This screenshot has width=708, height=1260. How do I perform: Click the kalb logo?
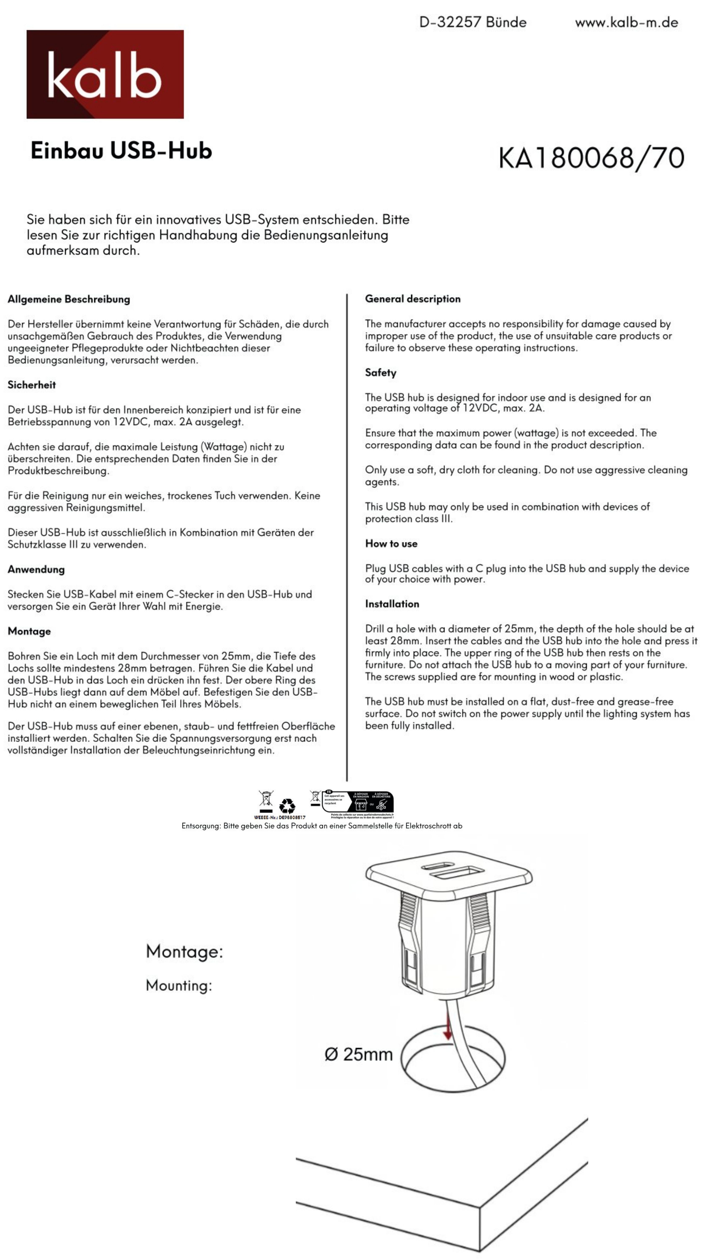105,74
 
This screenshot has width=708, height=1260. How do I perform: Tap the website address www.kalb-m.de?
626,22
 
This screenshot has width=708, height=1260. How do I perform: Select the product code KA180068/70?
591,158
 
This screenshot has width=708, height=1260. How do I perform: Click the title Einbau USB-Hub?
121,150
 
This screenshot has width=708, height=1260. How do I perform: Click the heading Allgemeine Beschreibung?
69,299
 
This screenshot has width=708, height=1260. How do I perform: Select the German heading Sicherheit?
32,385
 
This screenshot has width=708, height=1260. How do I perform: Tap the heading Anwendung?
36,569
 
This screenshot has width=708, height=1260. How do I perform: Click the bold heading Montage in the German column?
29,631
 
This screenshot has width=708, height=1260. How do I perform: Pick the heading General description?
412,299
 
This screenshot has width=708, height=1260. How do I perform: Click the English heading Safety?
381,373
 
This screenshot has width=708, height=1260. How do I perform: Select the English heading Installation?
392,604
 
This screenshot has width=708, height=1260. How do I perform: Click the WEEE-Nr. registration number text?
279,817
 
